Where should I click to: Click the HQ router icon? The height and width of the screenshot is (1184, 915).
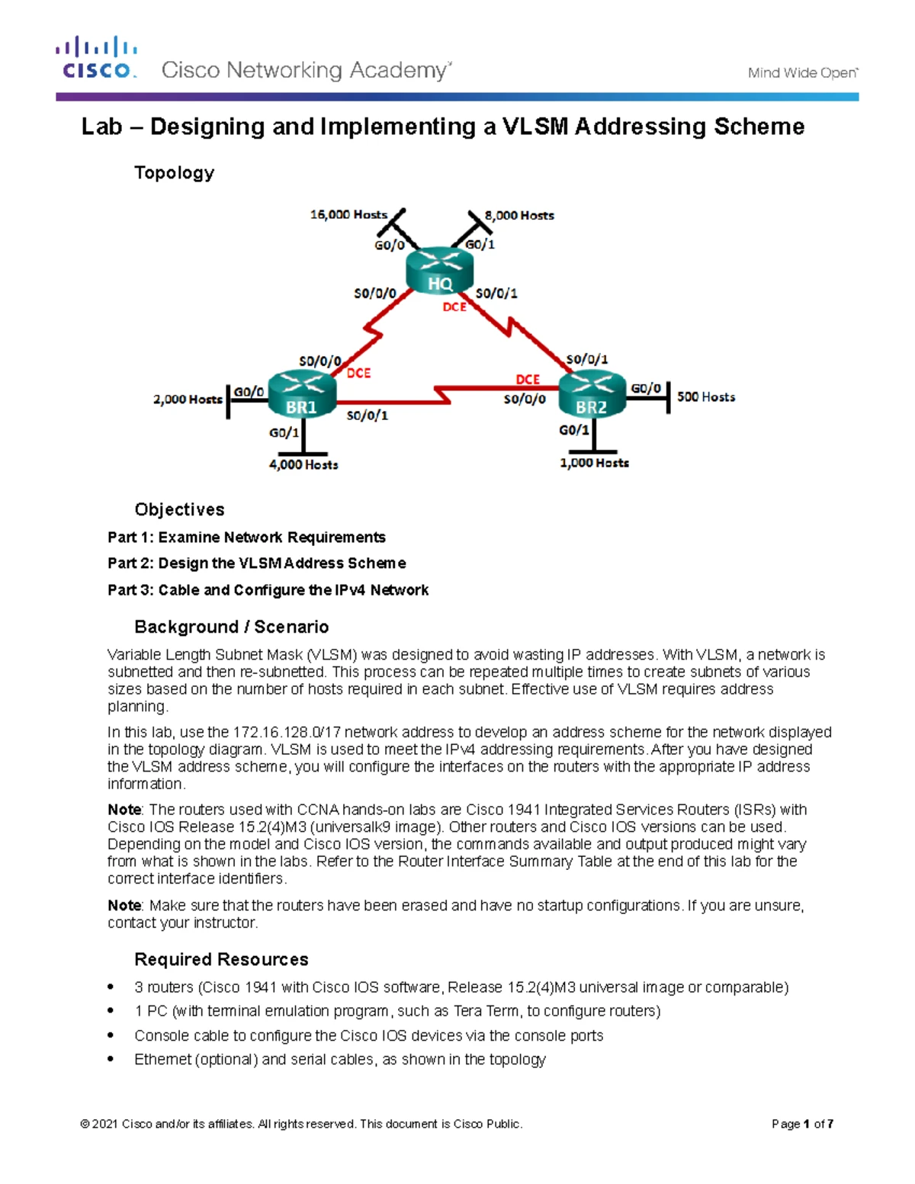[439, 271]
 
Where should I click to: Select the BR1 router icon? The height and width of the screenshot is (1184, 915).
[302, 394]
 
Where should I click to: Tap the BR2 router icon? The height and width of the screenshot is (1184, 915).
[592, 394]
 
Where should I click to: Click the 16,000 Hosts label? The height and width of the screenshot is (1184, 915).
[348, 215]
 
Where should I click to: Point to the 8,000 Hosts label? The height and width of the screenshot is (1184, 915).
[519, 216]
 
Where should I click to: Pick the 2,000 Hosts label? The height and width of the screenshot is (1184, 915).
[188, 399]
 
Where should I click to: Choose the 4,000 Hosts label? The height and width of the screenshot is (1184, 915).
[303, 464]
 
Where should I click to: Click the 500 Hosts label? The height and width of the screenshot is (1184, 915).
[706, 397]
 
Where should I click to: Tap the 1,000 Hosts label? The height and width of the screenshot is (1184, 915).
[594, 463]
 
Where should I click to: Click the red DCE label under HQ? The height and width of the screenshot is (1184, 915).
[454, 307]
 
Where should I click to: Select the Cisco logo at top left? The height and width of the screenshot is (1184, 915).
[96, 58]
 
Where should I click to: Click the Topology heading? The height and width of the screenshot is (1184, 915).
[174, 173]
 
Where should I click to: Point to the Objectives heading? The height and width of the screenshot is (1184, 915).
[179, 509]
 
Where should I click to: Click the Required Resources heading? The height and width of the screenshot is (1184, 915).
[221, 959]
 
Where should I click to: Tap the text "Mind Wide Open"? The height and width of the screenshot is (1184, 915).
[802, 73]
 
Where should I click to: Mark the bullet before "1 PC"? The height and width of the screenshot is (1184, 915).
[112, 1011]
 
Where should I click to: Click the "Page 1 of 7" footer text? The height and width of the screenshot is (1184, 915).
[802, 1124]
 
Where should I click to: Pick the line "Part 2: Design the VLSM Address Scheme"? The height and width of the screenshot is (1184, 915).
[256, 563]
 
